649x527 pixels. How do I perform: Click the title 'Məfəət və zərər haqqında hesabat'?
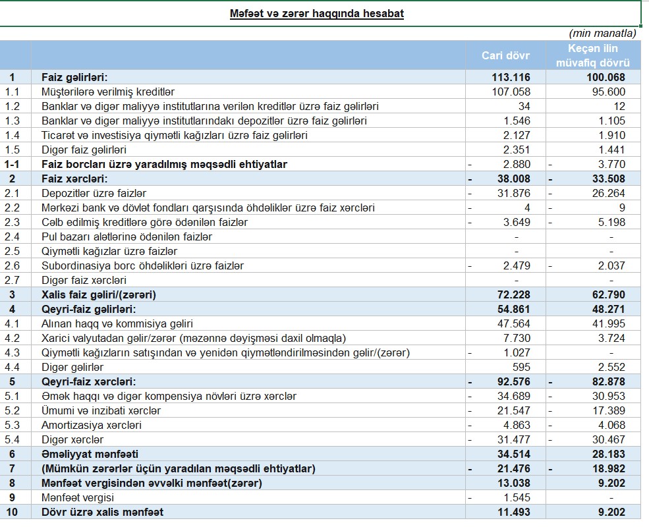[316, 13]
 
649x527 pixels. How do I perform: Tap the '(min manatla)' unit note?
[602, 33]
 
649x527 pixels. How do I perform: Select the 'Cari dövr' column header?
[505, 55]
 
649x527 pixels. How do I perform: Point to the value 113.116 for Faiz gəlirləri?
[511, 77]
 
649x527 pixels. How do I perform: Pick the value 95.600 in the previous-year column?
[608, 92]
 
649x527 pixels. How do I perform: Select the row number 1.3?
[13, 121]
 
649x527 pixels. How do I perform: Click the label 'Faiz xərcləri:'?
[74, 179]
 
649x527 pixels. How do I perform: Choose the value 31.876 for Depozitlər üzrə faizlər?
[512, 193]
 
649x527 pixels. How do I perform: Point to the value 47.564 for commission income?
[512, 323]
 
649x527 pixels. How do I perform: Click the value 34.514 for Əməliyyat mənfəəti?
[511, 454]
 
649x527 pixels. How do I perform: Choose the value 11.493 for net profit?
[511, 512]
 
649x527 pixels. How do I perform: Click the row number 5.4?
[13, 439]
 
